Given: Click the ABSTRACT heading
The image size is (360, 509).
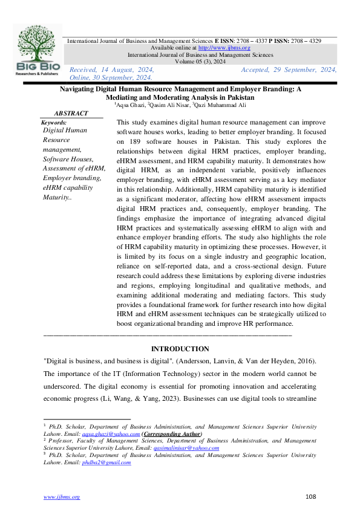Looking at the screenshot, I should (71, 114).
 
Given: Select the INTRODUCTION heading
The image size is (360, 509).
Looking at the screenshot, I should (180, 349).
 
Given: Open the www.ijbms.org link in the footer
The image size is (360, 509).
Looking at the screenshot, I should (62, 497).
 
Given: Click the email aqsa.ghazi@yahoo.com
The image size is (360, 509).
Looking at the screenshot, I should (119, 433).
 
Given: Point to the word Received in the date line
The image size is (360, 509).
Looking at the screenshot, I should (85, 70).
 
